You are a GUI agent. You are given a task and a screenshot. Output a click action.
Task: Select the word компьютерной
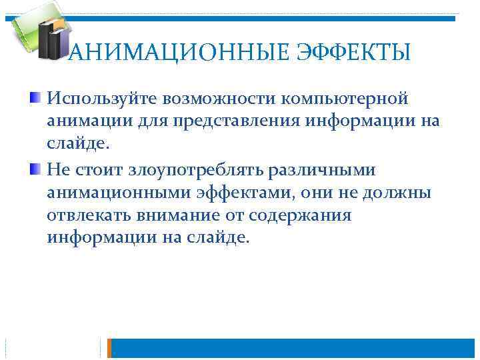tap(347, 99)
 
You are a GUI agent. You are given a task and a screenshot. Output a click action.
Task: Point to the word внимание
tap(187, 215)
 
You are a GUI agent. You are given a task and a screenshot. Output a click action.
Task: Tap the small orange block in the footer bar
tap(111, 348)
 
